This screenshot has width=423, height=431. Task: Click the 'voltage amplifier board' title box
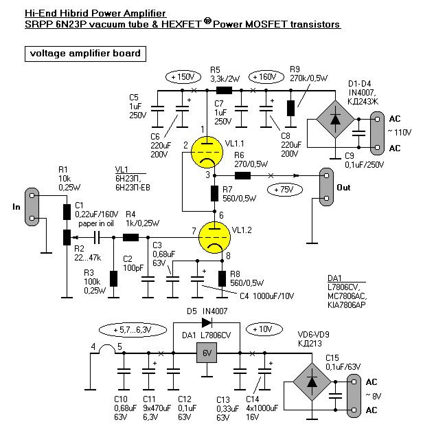click(84, 53)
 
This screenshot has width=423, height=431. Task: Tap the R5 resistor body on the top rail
click(223, 90)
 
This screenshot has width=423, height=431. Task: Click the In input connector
click(31, 206)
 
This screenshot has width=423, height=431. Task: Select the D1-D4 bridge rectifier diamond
click(334, 118)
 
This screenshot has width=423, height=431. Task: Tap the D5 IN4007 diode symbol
click(206, 322)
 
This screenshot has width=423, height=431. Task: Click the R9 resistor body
click(290, 108)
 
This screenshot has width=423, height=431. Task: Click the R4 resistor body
click(130, 238)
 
